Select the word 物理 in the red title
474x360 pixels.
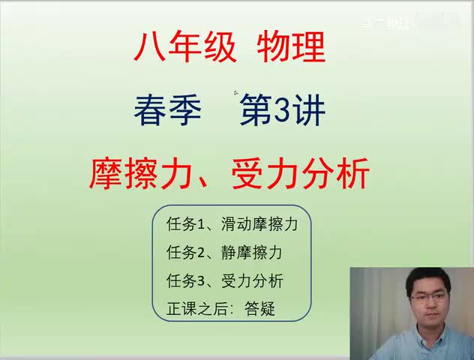(290, 49)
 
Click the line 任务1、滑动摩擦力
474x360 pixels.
(236, 225)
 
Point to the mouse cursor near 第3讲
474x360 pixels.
(235, 93)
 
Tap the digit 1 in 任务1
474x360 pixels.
(202, 225)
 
